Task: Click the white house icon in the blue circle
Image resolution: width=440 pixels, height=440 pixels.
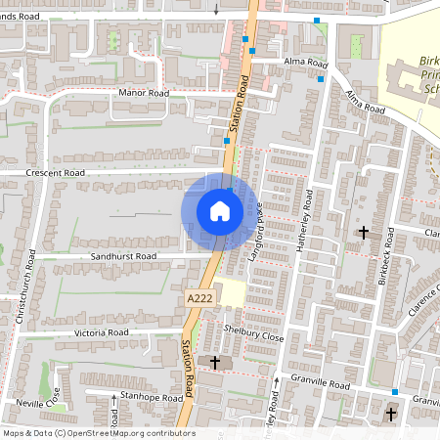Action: (x=219, y=211)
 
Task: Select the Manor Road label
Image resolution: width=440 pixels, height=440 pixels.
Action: (x=144, y=93)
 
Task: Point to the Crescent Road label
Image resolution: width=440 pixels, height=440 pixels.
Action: (x=57, y=172)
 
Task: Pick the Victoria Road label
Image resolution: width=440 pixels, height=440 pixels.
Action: (x=103, y=332)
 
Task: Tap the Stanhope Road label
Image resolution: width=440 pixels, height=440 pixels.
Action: (x=147, y=398)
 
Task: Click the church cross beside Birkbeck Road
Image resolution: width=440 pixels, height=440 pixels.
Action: (x=364, y=233)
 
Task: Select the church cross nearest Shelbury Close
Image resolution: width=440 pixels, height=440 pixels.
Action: (x=215, y=361)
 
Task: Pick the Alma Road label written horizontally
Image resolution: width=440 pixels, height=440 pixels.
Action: (x=303, y=63)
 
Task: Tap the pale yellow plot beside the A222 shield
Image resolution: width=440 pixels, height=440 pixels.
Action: (x=230, y=292)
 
